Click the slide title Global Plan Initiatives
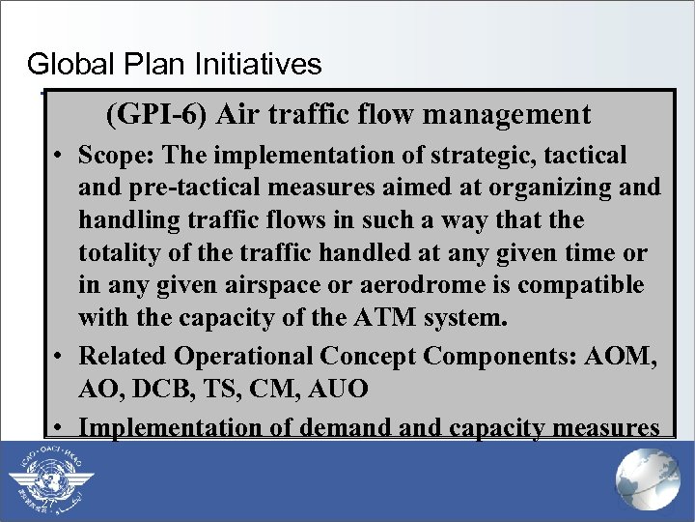coord(174,65)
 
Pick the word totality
coord(122,253)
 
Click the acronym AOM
coord(627,356)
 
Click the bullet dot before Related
coord(60,357)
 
